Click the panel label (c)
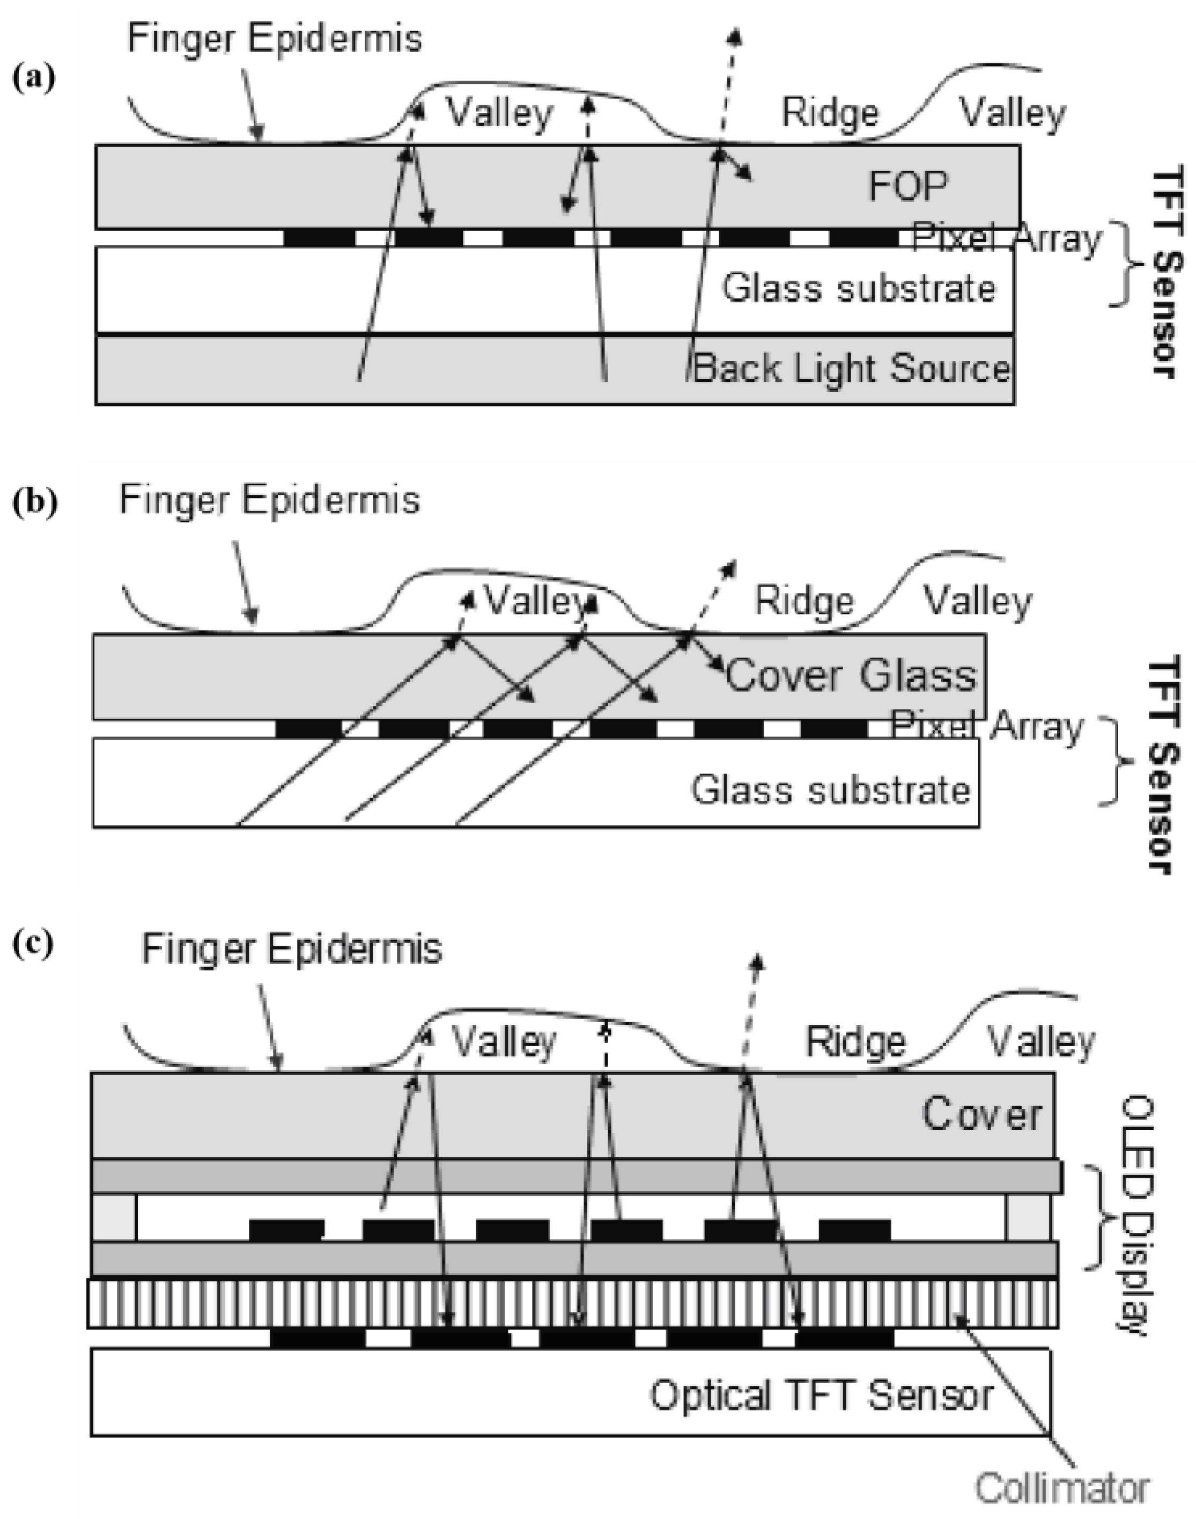[33, 944]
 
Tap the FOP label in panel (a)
[908, 186]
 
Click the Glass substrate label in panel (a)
[859, 288]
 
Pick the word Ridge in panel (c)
[855, 1042]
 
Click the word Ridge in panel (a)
[830, 113]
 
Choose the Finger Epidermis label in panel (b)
[270, 500]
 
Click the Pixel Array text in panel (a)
[1006, 239]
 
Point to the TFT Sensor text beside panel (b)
[1164, 764]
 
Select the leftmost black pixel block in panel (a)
[319, 238]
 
